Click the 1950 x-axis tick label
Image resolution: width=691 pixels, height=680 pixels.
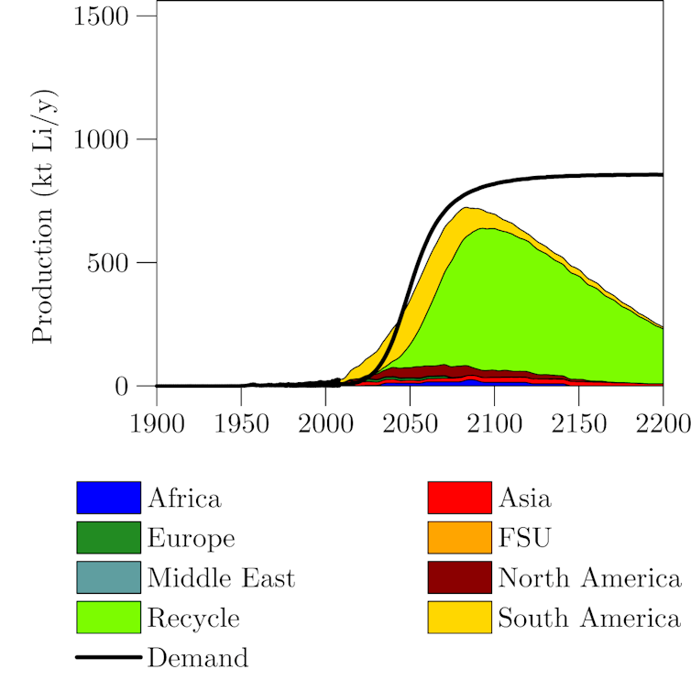[x=241, y=425]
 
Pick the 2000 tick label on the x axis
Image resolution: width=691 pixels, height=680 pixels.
[x=325, y=425]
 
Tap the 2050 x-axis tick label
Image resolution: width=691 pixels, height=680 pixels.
[x=410, y=425]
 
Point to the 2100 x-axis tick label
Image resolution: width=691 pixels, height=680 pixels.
[x=494, y=425]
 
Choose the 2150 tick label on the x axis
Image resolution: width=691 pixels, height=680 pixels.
[x=578, y=425]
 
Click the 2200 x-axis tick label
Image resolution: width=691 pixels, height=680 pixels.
[x=662, y=425]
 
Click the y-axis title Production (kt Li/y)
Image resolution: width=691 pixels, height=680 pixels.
[x=42, y=216]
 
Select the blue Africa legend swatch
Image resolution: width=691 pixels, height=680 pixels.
[x=108, y=498]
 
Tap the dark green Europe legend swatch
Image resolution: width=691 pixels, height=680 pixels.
[x=108, y=538]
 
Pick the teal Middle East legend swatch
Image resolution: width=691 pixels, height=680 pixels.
[x=108, y=577]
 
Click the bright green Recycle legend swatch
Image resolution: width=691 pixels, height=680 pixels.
[x=108, y=618]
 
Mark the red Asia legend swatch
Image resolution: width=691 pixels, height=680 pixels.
[x=460, y=498]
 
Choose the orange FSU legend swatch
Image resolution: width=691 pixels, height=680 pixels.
[x=460, y=538]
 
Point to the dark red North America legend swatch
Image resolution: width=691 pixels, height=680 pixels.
[x=460, y=577]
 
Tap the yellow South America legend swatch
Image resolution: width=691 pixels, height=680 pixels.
[x=460, y=618]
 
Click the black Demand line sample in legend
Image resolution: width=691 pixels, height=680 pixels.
[x=108, y=657]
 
